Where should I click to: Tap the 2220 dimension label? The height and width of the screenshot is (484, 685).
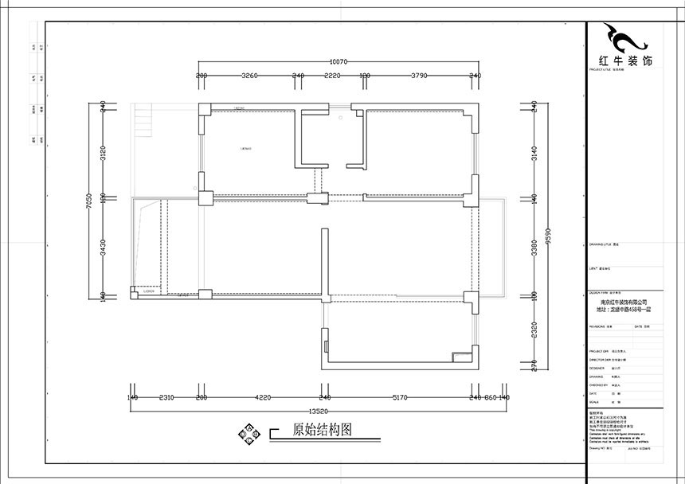(x=332, y=76)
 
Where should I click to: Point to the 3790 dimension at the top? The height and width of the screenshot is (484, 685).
(x=420, y=76)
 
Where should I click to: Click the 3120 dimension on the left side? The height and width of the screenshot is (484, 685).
(x=102, y=153)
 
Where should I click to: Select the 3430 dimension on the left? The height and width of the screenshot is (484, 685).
(x=102, y=248)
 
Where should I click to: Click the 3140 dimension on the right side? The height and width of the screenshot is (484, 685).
(x=534, y=152)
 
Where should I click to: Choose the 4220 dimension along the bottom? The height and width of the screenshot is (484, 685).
(x=263, y=396)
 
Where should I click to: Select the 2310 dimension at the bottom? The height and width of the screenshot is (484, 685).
(x=167, y=396)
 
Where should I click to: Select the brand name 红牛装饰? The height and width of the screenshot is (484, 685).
(x=624, y=60)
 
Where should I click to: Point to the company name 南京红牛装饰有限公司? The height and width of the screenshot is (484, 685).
(x=624, y=302)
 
